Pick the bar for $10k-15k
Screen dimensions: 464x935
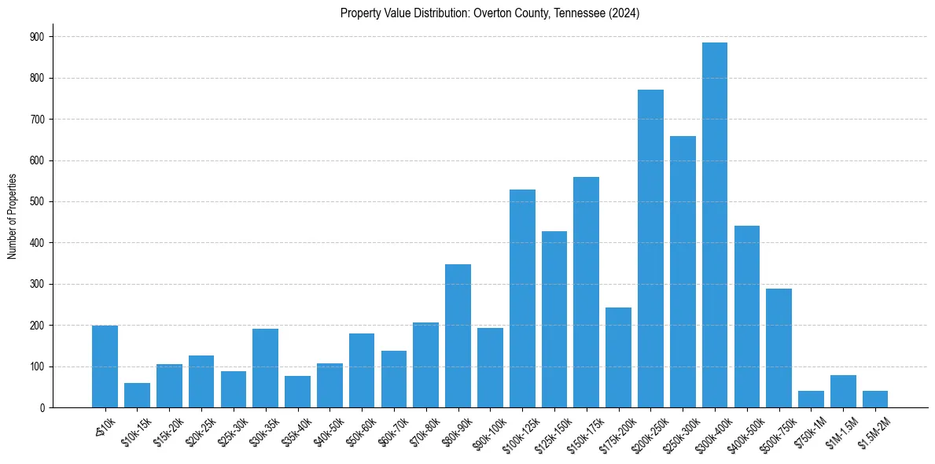point(137,395)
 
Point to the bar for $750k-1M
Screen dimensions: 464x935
point(811,399)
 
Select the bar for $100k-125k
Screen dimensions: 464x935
point(522,299)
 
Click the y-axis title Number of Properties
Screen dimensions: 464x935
point(12,216)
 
